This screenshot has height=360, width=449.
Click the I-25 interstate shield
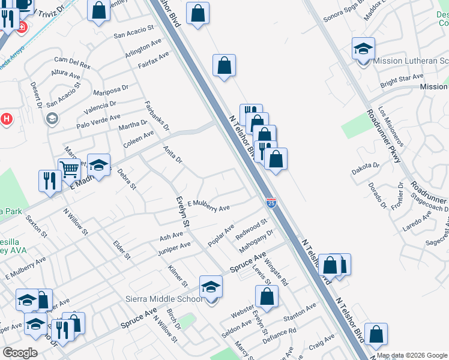(x=271, y=203)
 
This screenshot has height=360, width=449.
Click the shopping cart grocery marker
(x=69, y=169)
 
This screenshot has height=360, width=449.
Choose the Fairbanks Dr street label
(x=157, y=116)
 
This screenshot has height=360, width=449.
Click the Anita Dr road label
(x=172, y=155)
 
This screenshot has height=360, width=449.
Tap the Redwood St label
(x=251, y=228)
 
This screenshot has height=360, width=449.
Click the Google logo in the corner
(x=20, y=353)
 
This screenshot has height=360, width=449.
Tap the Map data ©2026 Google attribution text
(x=412, y=355)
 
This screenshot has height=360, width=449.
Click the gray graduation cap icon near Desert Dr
(x=52, y=118)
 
